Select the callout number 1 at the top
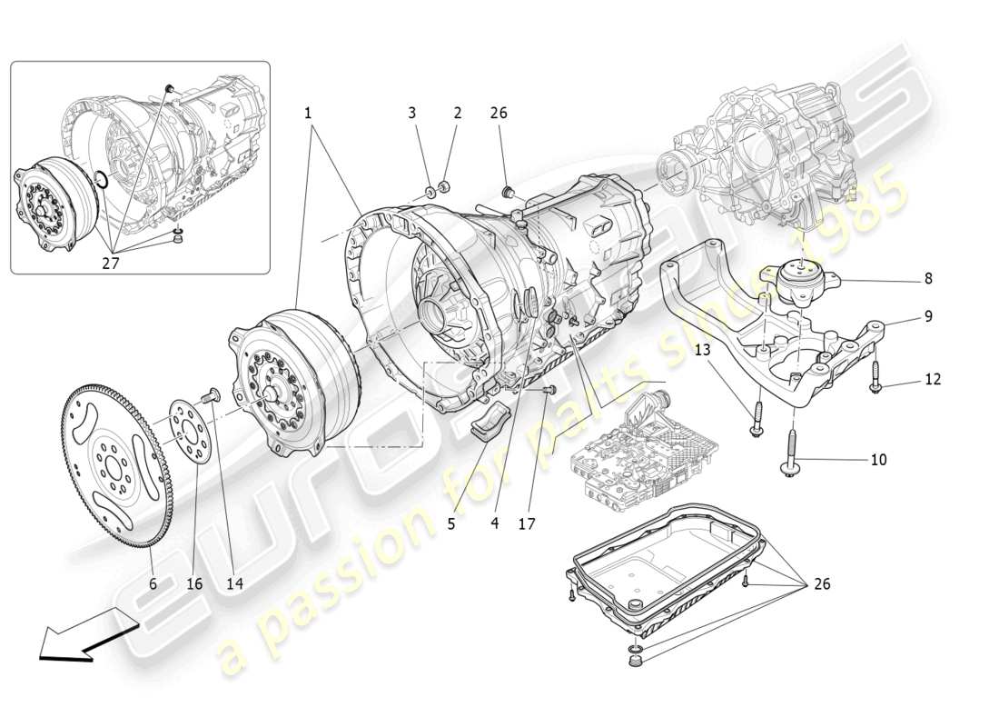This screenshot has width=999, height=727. point(308,114)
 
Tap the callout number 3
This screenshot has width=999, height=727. point(411,114)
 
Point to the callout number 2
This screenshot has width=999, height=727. point(457,114)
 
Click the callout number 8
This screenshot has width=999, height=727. point(928,279)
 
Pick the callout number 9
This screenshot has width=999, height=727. point(928,317)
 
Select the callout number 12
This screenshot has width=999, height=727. point(933,379)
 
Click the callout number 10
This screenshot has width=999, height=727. point(878,460)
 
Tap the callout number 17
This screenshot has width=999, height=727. point(527,524)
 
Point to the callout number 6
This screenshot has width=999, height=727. point(153,583)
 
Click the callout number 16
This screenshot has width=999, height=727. point(195,583)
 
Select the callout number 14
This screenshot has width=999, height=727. point(234,583)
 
